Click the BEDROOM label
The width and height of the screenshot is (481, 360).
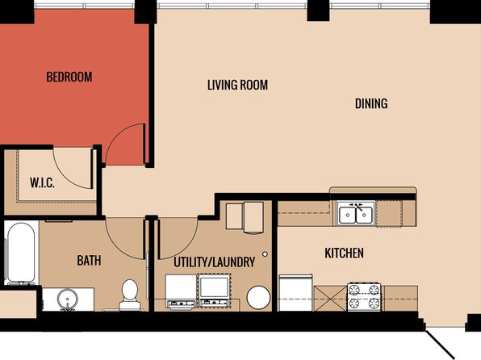click(x=69, y=77)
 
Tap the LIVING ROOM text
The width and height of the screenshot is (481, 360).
click(x=237, y=85)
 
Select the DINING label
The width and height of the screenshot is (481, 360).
click(x=371, y=103)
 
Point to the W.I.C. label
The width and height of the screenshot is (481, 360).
click(x=42, y=182)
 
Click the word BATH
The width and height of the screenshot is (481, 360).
click(x=89, y=261)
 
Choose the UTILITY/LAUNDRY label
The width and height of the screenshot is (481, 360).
click(x=215, y=262)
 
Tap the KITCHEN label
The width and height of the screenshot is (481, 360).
click(x=344, y=253)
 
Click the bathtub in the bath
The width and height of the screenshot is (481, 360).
click(x=21, y=253)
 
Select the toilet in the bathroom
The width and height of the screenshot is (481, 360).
click(x=130, y=295)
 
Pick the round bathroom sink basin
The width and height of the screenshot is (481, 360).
click(x=68, y=299)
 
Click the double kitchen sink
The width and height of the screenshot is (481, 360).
click(x=356, y=214)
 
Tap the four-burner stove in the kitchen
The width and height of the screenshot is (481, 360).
click(x=364, y=297)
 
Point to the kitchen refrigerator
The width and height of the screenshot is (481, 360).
click(x=295, y=293)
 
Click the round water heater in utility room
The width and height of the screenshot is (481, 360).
click(x=258, y=297)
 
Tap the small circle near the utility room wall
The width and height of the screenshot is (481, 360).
click(x=265, y=254)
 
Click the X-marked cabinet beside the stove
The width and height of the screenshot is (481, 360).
click(x=331, y=299)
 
